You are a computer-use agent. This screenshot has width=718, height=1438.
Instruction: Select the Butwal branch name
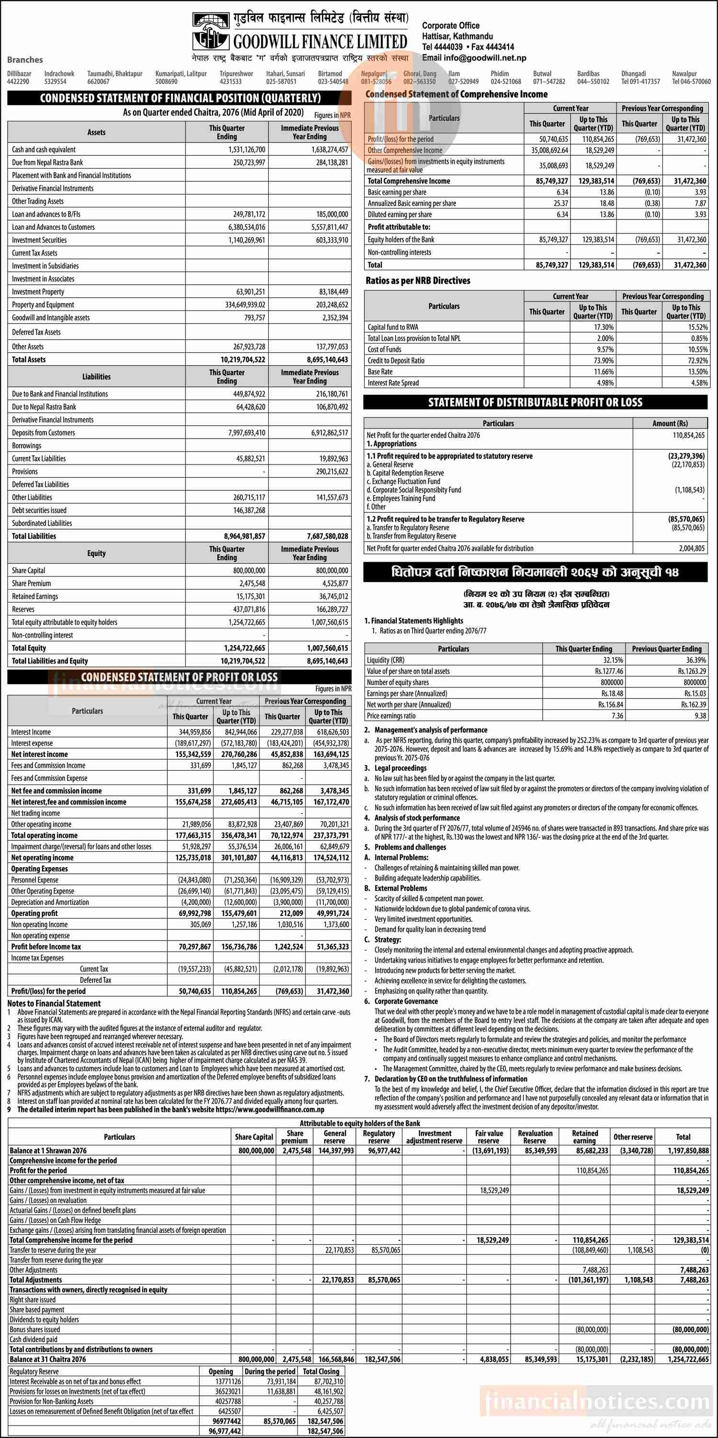[542, 74]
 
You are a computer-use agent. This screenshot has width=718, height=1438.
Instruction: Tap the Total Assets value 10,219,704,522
[243, 360]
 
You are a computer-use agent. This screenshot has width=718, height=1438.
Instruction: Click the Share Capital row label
[28, 570]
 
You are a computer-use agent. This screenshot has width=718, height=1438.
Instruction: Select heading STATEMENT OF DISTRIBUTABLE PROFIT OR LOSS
[535, 403]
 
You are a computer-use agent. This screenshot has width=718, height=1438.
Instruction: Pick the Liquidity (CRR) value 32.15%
[613, 660]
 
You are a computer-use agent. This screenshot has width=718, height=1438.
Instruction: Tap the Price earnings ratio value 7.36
[617, 716]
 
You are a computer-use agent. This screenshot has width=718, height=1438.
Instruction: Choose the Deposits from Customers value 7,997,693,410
[247, 433]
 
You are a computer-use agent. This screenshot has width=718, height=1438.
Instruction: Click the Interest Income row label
[31, 732]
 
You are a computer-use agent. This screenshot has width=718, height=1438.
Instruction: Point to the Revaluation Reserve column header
[535, 1136]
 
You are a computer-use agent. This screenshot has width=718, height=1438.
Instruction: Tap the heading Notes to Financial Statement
[54, 1003]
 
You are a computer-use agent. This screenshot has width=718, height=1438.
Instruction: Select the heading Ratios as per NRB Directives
[418, 281]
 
